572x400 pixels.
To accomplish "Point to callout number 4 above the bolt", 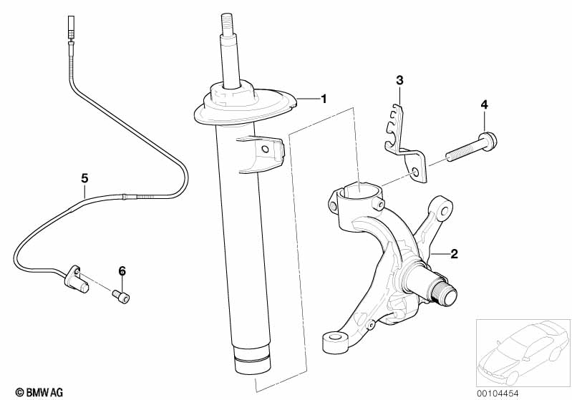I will [484, 104].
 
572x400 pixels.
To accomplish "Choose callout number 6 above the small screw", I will [122, 270].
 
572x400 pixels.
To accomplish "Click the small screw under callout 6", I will [122, 296].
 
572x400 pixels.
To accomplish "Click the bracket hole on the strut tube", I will [265, 150].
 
